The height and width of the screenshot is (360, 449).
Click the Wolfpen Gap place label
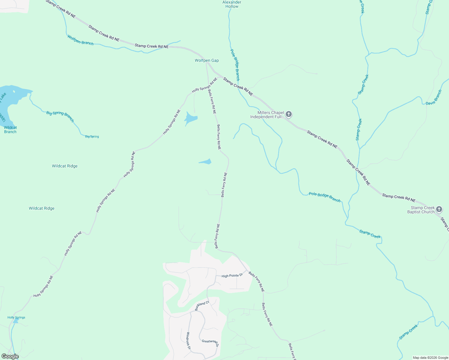(206, 61)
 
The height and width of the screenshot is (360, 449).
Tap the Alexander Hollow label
(232, 4)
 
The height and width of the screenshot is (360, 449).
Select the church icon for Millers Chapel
(289, 114)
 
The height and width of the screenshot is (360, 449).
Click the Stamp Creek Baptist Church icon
(439, 209)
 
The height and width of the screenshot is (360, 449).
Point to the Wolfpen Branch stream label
(80, 40)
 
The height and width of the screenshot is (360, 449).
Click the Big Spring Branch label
(60, 116)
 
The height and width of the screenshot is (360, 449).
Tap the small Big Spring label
(92, 136)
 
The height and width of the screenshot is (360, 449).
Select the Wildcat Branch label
(11, 130)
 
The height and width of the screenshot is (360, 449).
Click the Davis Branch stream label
(434, 97)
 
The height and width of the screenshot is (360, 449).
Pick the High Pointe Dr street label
(232, 275)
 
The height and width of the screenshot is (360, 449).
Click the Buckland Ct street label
(202, 306)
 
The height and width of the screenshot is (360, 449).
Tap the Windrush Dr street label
(188, 340)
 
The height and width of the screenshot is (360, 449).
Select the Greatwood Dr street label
(210, 343)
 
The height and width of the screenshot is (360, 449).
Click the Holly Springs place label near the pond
(16, 317)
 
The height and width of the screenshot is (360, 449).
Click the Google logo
(10, 356)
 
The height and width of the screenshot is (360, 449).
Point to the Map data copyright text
(430, 358)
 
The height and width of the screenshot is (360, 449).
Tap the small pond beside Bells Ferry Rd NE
(206, 162)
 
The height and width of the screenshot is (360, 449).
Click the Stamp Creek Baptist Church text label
(421, 210)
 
